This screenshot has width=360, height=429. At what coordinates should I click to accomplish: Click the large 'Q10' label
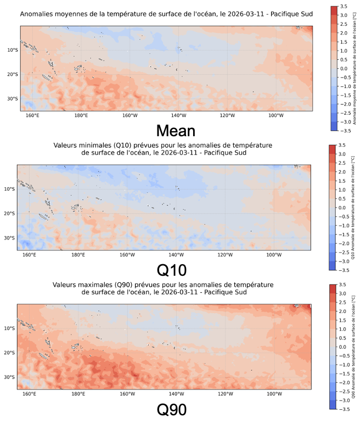coord(172,270)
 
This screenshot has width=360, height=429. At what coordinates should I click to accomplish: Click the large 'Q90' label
coord(172,410)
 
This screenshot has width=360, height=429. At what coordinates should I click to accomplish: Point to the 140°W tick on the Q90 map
coord(176,394)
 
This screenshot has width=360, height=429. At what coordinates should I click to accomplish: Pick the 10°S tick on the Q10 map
coord(10,189)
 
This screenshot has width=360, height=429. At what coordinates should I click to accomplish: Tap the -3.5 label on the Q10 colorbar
coord(344,270)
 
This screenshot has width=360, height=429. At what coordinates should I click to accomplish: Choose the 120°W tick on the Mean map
coord(227,115)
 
